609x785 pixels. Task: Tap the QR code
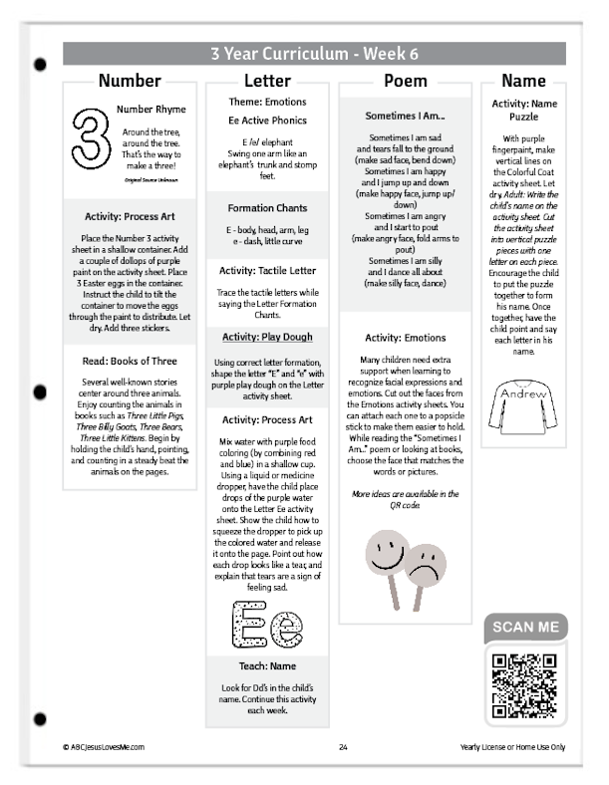click(x=523, y=686)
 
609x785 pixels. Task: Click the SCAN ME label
click(x=523, y=629)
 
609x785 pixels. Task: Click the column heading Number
click(x=130, y=81)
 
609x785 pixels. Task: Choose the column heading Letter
click(x=266, y=81)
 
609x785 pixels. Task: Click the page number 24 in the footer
click(x=342, y=746)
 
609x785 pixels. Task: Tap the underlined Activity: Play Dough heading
click(x=266, y=337)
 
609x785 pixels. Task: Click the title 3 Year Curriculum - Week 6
click(x=314, y=54)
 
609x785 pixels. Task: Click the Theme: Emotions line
click(x=266, y=102)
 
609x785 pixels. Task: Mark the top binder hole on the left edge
click(x=40, y=66)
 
